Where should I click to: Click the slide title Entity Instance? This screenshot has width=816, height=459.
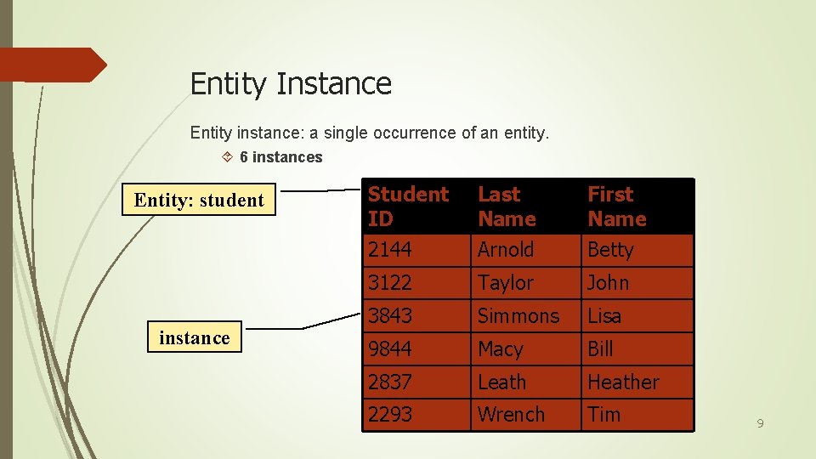pos(291,83)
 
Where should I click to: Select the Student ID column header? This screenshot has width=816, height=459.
pos(408,207)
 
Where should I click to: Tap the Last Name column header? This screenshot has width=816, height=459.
pos(507,207)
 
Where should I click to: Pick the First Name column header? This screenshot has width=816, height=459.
pos(617,207)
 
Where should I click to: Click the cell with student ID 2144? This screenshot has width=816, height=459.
pos(389,250)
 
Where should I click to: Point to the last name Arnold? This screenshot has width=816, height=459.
pos(506,250)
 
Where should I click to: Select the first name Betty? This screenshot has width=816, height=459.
pos(610,250)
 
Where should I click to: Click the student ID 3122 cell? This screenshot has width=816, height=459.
pos(389,283)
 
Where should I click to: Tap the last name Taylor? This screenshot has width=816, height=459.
pos(506,283)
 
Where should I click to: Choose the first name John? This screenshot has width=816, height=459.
pos(609,283)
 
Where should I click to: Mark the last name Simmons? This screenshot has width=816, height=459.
pos(518,316)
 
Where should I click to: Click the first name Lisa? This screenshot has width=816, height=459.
pos(604,316)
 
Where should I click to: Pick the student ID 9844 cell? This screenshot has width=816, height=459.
pos(389,349)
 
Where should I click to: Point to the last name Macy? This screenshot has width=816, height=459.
pos(501,349)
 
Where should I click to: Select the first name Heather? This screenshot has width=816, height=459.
pos(623,382)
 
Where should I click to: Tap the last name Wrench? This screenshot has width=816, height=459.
pos(511,415)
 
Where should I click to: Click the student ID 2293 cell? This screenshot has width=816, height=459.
pos(389,415)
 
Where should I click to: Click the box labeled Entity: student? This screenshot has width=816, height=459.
pos(199,201)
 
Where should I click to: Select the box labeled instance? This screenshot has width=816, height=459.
pos(195,338)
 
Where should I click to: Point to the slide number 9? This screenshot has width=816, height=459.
pos(761,422)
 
